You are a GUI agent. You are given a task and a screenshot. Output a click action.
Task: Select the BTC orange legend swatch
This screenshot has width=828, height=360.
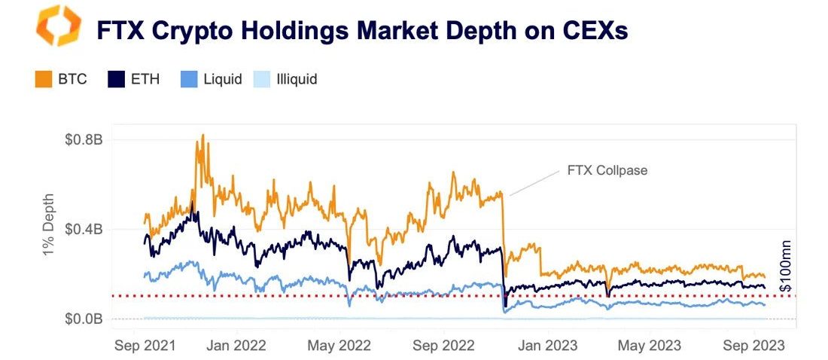click(x=43, y=79)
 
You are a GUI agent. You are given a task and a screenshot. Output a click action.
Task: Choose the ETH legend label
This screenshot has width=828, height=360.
click(x=145, y=79)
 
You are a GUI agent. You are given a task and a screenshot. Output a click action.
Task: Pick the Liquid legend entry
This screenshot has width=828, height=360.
click(x=222, y=79)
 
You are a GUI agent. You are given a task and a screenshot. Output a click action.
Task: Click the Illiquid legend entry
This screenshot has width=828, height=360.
click(x=295, y=79)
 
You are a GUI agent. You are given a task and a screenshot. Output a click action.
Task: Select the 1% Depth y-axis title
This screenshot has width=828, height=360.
click(x=48, y=230)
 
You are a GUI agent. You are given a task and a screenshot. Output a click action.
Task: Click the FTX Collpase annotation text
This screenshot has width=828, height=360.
click(x=607, y=170)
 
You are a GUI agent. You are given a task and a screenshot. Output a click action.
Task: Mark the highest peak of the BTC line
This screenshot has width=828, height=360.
click(x=203, y=136)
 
